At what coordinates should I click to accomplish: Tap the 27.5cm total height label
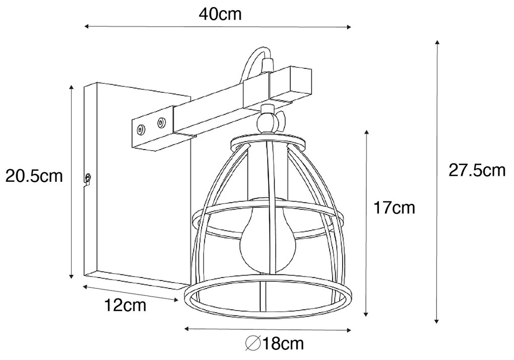[x=477, y=171]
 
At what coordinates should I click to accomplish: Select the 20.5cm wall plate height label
[x=34, y=176]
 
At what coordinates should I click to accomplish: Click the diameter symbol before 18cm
[x=252, y=344]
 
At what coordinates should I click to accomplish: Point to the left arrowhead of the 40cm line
[x=86, y=26]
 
